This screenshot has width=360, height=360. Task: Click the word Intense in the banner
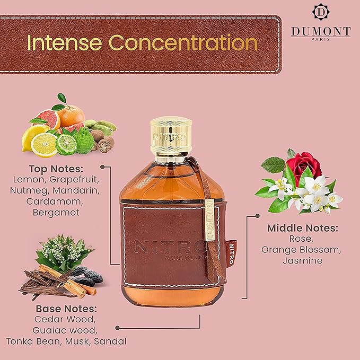[x=65, y=43]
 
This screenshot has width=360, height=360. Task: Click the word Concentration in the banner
[x=183, y=43]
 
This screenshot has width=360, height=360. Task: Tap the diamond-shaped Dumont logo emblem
[x=321, y=12]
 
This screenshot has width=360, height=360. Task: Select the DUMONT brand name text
[x=321, y=31]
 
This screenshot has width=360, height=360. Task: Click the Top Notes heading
[x=56, y=169]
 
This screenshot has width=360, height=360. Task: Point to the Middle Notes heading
[x=303, y=228]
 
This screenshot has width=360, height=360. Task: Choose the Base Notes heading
[x=66, y=309]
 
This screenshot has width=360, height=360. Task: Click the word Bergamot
[x=56, y=213]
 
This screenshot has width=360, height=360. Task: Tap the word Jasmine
[x=303, y=260]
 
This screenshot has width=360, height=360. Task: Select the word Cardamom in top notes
[x=55, y=201]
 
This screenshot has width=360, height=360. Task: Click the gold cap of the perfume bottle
[x=171, y=136]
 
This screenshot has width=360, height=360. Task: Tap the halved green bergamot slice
[x=66, y=145]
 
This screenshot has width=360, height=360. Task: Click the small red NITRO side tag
[x=231, y=254]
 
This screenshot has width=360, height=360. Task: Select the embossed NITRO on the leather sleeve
[x=170, y=247]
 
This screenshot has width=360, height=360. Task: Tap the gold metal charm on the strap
[x=209, y=220]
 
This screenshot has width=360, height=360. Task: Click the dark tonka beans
[x=89, y=276]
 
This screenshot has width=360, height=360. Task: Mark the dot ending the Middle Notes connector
[x=258, y=216]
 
